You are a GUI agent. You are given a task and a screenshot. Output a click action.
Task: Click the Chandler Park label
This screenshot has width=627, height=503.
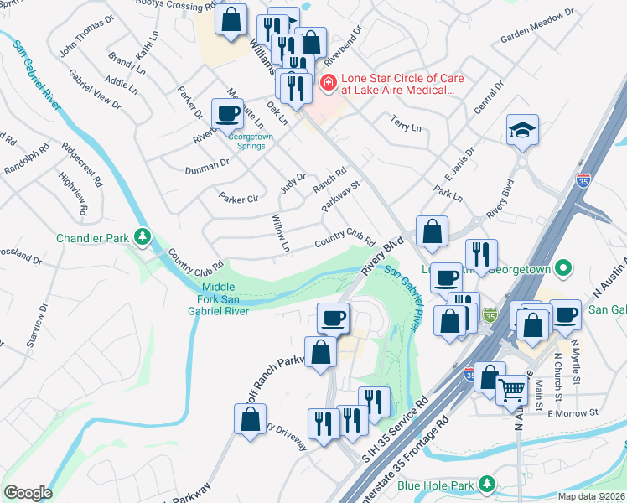[92, 238]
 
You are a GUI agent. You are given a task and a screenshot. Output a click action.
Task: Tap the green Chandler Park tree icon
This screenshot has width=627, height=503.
[142, 237]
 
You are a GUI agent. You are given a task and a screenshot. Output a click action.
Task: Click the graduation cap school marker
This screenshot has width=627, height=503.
[522, 130]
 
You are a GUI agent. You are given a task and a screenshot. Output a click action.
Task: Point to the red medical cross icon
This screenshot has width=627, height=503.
[328, 82]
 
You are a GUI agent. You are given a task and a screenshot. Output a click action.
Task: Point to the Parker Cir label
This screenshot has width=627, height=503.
[238, 199]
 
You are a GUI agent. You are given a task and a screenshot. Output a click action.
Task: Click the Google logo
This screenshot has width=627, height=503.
[28, 493]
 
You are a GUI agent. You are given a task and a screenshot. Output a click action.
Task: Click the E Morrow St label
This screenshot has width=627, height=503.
[573, 412]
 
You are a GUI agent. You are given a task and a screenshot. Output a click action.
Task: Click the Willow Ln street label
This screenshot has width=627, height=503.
[279, 233]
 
